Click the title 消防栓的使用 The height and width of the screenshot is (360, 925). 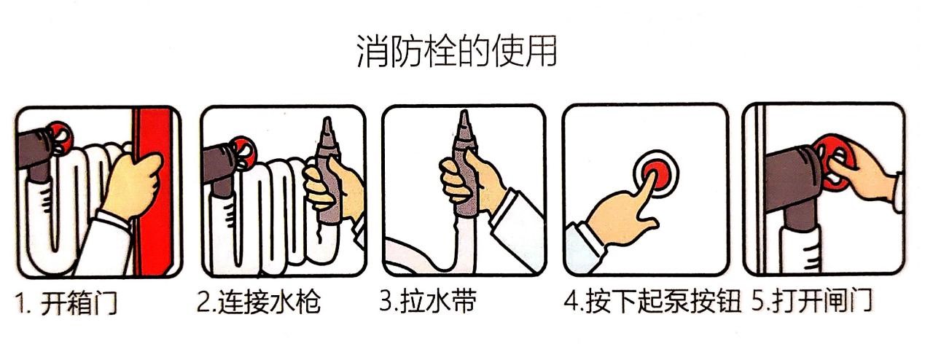[456, 51]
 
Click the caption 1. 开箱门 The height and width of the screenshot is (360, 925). [67, 303]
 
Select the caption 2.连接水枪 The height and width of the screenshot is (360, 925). [259, 302]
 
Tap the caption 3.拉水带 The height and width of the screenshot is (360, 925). [428, 300]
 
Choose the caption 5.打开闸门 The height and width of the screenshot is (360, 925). [811, 300]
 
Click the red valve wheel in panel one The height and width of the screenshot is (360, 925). [61, 138]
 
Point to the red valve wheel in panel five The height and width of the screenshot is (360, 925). [833, 163]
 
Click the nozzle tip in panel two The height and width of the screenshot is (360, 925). [327, 119]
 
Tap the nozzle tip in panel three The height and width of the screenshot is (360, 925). [465, 111]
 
